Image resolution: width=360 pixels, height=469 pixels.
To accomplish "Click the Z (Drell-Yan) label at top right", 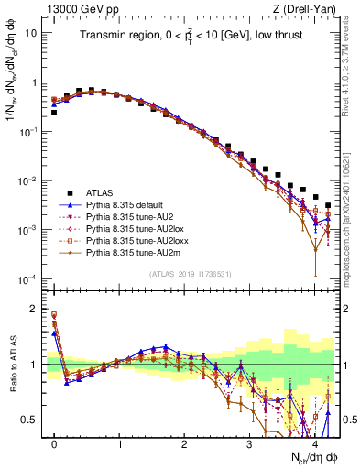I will pos(305,8).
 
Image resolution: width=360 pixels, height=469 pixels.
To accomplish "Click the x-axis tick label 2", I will pos(184,443).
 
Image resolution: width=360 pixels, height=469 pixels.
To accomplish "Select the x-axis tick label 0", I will pos(55,443).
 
